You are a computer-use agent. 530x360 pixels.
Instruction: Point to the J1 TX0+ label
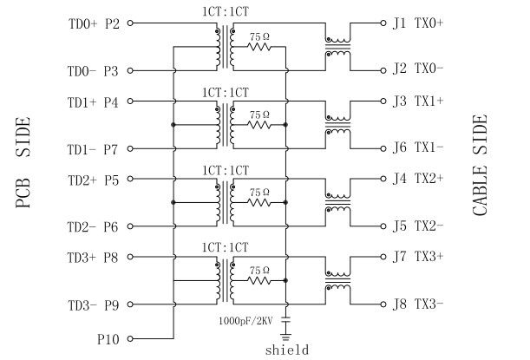(x=419, y=23)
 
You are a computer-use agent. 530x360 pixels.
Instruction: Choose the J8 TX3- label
(x=419, y=304)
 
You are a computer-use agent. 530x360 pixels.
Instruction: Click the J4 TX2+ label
(x=419, y=180)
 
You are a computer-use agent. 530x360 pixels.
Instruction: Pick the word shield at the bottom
(x=287, y=350)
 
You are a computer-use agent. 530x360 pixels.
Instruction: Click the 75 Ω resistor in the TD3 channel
(x=259, y=279)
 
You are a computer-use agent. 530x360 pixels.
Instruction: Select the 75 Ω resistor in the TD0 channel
(x=259, y=46)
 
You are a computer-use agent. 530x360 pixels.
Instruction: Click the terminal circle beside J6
(x=382, y=148)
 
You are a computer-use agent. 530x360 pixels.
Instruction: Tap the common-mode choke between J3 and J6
(x=337, y=125)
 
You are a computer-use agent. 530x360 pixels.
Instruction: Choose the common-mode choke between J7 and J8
(x=337, y=280)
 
